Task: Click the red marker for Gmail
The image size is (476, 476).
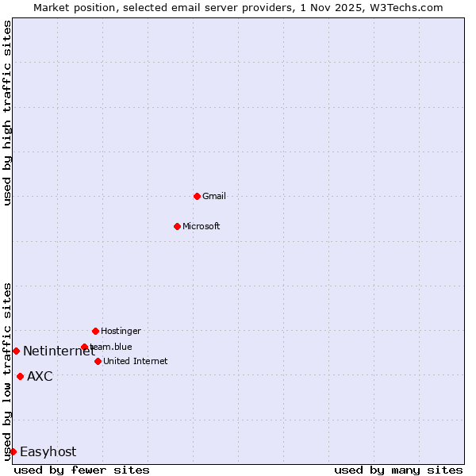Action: click(197, 196)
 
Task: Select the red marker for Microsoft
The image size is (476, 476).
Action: click(177, 226)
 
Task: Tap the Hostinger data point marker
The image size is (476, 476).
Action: click(95, 331)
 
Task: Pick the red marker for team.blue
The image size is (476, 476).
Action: click(84, 347)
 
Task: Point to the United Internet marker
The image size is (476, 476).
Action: click(98, 361)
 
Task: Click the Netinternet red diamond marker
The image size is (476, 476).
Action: click(16, 351)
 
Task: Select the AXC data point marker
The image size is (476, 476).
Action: click(20, 376)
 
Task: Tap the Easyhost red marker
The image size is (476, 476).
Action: click(13, 451)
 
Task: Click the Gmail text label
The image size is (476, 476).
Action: click(214, 196)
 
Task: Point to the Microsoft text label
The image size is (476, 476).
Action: click(202, 226)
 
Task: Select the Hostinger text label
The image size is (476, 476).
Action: click(121, 331)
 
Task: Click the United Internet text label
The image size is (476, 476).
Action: click(136, 361)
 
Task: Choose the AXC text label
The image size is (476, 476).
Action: click(40, 376)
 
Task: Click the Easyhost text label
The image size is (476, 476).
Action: click(48, 451)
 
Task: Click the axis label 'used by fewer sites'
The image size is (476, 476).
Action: click(82, 470)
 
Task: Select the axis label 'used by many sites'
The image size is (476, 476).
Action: click(398, 470)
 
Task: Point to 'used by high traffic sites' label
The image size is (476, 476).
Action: click(7, 113)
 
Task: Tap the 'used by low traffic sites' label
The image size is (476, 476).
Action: click(7, 371)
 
